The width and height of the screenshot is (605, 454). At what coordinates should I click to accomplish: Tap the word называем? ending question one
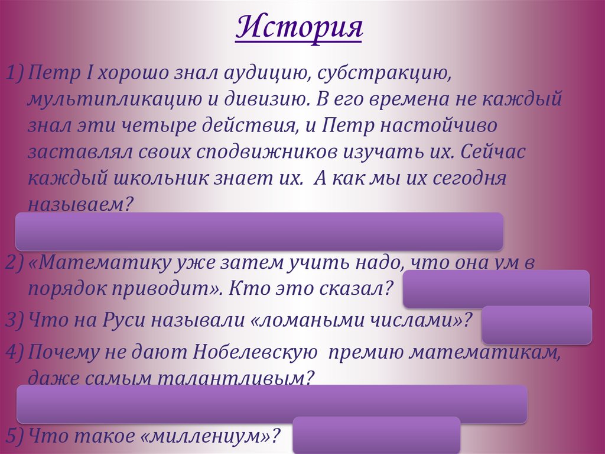click(79, 204)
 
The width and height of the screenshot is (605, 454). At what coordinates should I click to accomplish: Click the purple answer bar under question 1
click(259, 231)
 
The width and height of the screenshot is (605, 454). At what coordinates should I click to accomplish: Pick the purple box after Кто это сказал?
click(496, 288)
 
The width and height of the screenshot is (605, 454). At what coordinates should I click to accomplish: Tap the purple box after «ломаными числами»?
click(536, 324)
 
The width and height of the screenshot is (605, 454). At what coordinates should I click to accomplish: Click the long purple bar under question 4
click(272, 404)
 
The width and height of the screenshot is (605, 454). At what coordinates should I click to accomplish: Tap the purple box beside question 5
click(376, 434)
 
